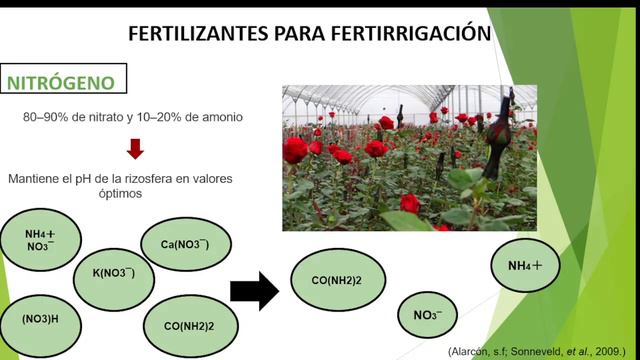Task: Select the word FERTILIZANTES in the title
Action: click(x=195, y=34)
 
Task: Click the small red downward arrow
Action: click(x=135, y=149)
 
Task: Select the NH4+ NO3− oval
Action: click(x=41, y=239)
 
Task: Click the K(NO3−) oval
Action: click(x=114, y=272)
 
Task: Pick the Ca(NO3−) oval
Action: click(x=184, y=243)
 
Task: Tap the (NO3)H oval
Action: click(x=41, y=319)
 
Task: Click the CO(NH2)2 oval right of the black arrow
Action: click(x=337, y=279)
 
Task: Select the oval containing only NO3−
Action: click(x=428, y=316)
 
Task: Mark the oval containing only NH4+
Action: click(x=525, y=266)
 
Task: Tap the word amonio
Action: click(x=221, y=118)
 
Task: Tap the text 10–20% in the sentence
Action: click(x=155, y=118)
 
